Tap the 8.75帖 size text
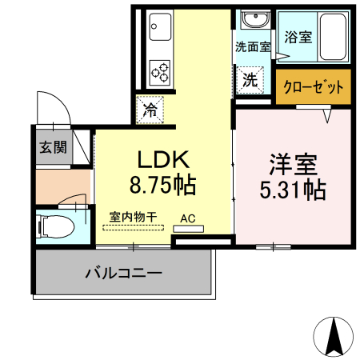tap(164, 186)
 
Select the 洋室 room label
tap(293, 165)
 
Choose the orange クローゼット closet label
tap(314, 86)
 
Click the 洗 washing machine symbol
tap(250, 80)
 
